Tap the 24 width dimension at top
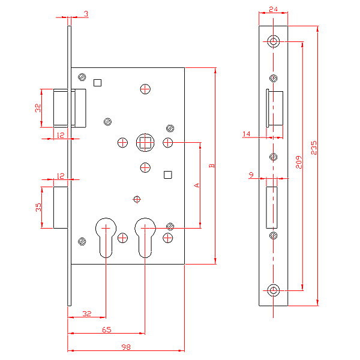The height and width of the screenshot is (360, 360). pyautogui.click(x=273, y=10)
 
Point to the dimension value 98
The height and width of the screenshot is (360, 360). pyautogui.click(x=126, y=347)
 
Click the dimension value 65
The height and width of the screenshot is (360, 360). pyautogui.click(x=106, y=329)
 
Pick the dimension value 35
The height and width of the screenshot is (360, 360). pyautogui.click(x=37, y=208)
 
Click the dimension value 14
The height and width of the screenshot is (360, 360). pyautogui.click(x=247, y=134)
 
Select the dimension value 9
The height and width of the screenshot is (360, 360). pyautogui.click(x=251, y=175)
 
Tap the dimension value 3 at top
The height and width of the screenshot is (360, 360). pyautogui.click(x=86, y=13)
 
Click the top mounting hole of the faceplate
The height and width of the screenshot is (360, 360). pyautogui.click(x=274, y=42)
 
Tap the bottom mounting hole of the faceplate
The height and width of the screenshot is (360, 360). pyautogui.click(x=274, y=291)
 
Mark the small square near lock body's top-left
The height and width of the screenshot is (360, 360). pyautogui.click(x=98, y=82)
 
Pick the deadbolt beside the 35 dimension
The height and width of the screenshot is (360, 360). pyautogui.click(x=61, y=208)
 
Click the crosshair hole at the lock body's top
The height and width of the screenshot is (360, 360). pyautogui.click(x=145, y=89)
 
